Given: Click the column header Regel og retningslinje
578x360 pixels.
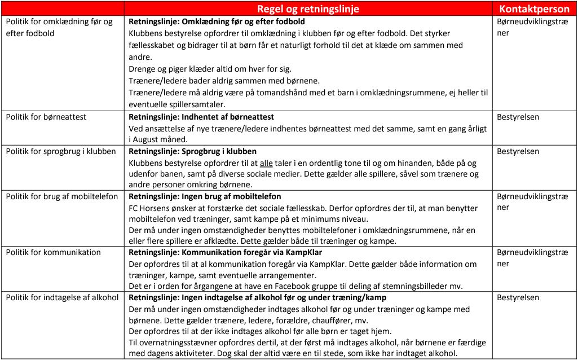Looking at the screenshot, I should coord(308,9).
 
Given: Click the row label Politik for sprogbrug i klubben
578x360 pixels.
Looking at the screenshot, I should coord(61,151).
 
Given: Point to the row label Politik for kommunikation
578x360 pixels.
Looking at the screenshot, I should coord(54,252).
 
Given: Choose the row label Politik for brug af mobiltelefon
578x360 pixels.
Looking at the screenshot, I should coord(62,196).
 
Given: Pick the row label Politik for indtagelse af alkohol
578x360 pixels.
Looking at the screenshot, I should coord(62,297).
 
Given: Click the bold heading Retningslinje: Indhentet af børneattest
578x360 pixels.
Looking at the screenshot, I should coord(201,117).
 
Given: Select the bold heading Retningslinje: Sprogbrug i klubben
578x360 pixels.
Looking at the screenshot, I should coord(193,151).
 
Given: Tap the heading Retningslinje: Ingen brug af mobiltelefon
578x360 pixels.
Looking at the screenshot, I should coord(205,196).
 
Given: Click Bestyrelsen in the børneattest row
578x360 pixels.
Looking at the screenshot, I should coord(519,117).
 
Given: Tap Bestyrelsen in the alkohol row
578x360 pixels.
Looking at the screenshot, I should coord(519,297).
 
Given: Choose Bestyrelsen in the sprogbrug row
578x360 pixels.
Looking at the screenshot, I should coord(519,151).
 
